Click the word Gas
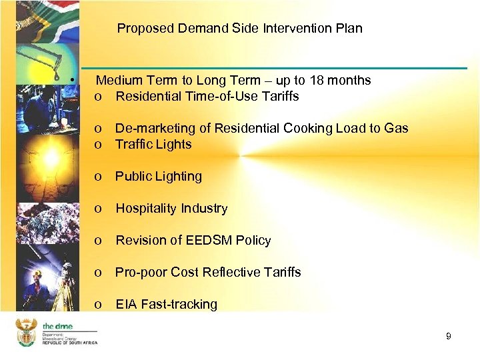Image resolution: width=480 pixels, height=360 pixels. [396, 129]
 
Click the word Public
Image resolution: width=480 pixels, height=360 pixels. [133, 177]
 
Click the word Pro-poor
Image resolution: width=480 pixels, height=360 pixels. [141, 273]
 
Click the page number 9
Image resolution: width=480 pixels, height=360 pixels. [449, 336]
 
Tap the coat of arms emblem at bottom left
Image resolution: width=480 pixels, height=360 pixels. [26, 331]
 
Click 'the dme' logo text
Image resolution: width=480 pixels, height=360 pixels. [57, 326]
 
